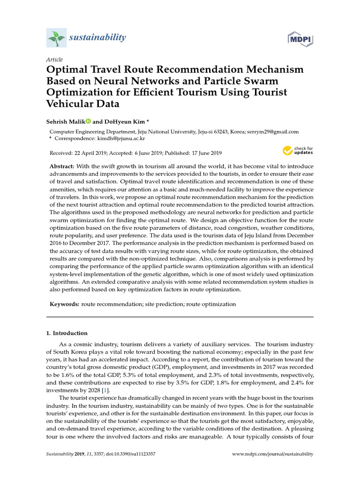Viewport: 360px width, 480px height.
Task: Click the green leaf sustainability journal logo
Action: [x=56, y=37]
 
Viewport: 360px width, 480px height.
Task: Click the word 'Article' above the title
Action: [x=54, y=60]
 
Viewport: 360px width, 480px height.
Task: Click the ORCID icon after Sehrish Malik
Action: [x=88, y=121]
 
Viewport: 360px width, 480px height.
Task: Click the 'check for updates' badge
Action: [x=297, y=150]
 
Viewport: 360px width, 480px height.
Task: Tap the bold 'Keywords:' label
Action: [x=65, y=304]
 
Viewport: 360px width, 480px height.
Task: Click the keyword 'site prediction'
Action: [x=164, y=304]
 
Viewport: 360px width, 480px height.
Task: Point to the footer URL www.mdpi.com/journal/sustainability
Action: [x=273, y=454]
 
